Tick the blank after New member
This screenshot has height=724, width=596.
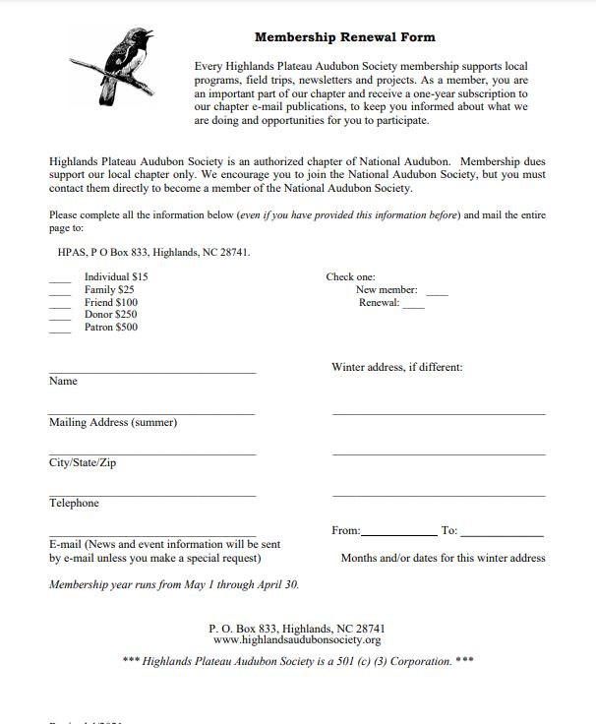point(437,293)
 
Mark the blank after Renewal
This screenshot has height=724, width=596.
point(413,306)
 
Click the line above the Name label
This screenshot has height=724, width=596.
point(151,372)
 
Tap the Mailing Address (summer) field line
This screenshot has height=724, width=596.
point(151,413)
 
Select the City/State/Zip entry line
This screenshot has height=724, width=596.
point(151,453)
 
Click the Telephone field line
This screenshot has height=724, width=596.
point(151,494)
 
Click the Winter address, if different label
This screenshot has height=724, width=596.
point(396,367)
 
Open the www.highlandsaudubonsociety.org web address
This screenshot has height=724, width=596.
point(297,639)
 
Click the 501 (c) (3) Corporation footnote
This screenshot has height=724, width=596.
point(297,661)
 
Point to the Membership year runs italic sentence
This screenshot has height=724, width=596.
point(174,584)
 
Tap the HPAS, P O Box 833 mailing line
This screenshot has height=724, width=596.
point(153,252)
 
